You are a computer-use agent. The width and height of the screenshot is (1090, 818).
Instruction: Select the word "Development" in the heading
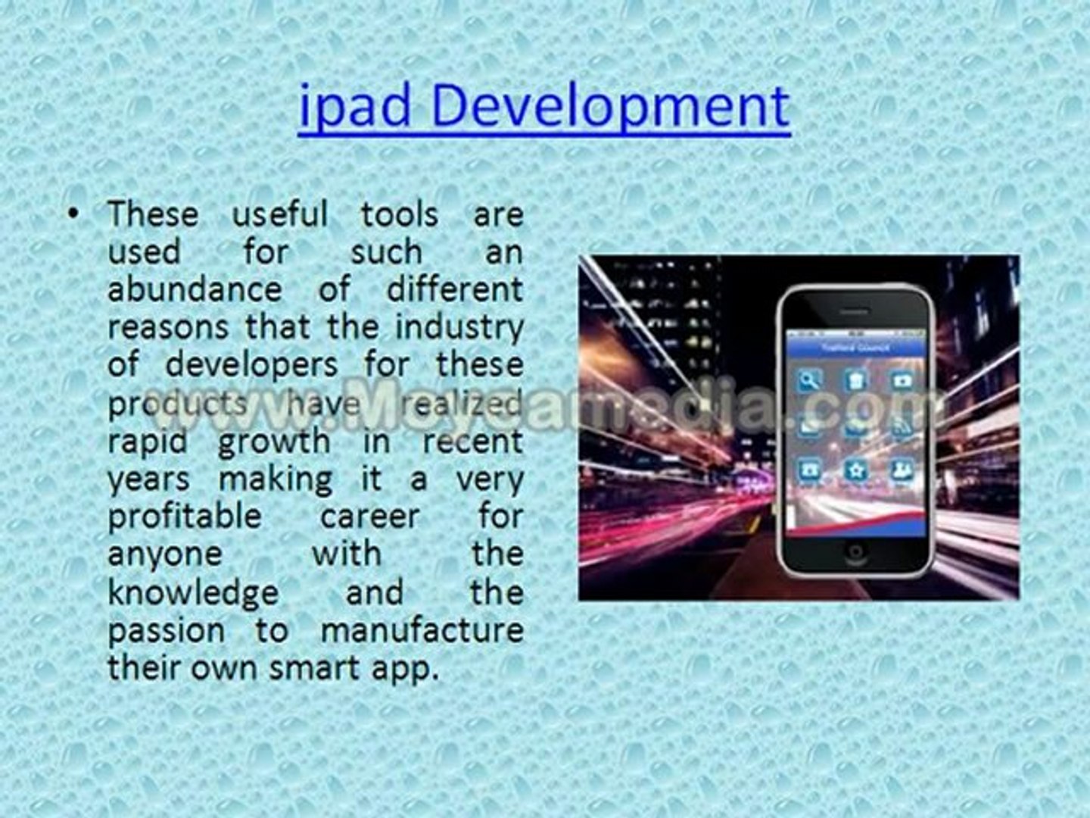(x=611, y=107)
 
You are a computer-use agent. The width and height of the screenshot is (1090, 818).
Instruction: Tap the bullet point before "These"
(x=73, y=215)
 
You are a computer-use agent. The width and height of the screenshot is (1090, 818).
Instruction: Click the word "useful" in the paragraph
(x=280, y=214)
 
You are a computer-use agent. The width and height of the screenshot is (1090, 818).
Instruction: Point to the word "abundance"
(x=195, y=290)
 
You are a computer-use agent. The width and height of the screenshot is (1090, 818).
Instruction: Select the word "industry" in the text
(x=459, y=327)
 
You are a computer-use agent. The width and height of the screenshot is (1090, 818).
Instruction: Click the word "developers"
(x=251, y=365)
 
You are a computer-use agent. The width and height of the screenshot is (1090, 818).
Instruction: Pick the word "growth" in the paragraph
(x=274, y=441)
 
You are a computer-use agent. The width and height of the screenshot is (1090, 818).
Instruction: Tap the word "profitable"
(x=185, y=517)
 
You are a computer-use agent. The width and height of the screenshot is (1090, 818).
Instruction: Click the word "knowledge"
(x=193, y=592)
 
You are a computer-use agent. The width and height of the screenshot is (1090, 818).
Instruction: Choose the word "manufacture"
(x=422, y=630)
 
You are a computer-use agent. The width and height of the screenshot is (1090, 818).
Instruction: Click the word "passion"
(x=166, y=630)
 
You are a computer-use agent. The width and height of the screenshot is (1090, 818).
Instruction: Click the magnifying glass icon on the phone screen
(x=810, y=379)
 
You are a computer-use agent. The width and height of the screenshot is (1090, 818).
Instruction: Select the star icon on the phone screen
(x=855, y=470)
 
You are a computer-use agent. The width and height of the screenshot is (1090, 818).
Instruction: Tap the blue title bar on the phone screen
(x=855, y=348)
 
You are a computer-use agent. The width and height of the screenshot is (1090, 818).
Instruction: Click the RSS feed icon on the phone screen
(x=901, y=427)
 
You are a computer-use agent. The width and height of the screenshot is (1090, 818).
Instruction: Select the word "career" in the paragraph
(x=369, y=517)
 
